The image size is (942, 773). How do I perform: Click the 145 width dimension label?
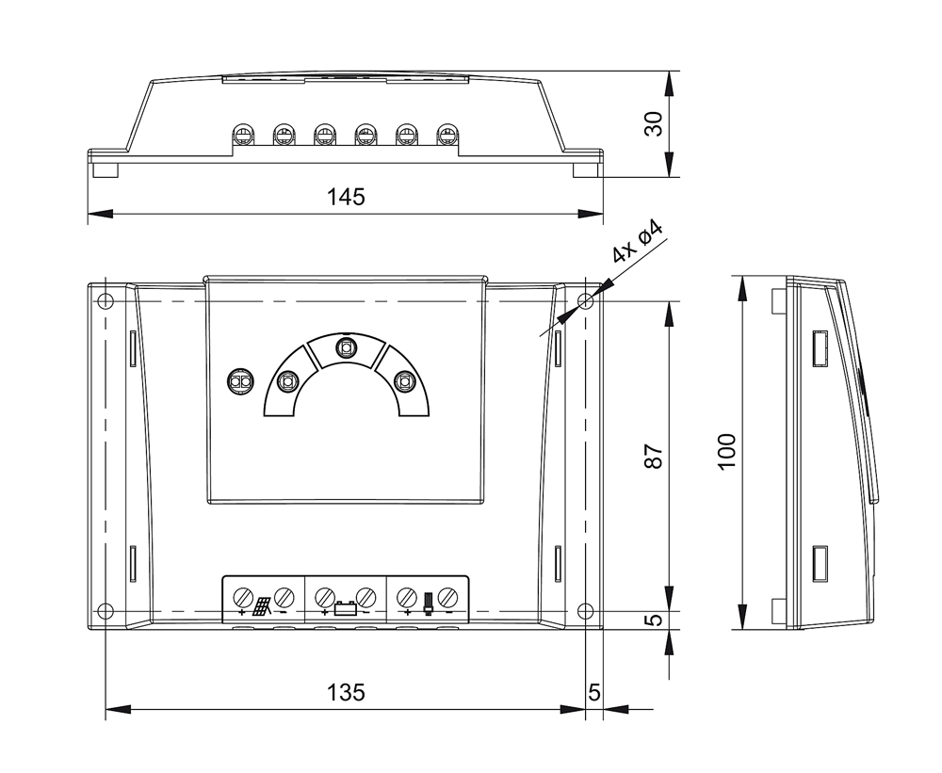point(346,197)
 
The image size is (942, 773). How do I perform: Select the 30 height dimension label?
point(655,123)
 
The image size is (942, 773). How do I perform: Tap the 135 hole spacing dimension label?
point(346,693)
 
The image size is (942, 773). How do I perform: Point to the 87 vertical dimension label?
point(655,457)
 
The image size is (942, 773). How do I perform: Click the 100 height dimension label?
point(727,452)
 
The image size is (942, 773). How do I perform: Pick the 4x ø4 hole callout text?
point(639,242)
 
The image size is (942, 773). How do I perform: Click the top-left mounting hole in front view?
point(105,300)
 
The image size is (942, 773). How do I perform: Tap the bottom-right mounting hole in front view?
point(585,611)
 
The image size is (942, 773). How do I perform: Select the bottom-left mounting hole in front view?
point(105,611)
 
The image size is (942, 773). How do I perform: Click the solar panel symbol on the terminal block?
point(262,606)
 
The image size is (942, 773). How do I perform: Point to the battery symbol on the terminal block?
point(345,608)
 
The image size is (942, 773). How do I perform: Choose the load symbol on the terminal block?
point(429,604)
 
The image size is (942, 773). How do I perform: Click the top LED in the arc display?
point(346,347)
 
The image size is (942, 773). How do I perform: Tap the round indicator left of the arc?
point(240,380)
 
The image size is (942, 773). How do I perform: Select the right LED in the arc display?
point(404,380)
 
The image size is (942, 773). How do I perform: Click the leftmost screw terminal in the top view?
point(243,135)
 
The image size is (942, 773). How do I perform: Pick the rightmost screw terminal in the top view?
point(447,135)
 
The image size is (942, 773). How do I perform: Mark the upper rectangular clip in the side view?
point(820,347)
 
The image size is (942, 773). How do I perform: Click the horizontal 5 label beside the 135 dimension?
point(593,693)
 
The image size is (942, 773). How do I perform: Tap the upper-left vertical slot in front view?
point(134,347)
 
